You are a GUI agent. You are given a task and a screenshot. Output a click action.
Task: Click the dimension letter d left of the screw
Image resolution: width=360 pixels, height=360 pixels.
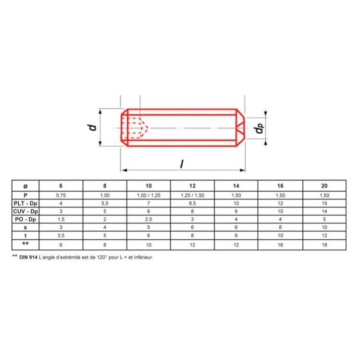point(93,127)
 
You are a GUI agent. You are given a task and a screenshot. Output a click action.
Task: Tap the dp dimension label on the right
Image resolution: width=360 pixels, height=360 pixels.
point(260,128)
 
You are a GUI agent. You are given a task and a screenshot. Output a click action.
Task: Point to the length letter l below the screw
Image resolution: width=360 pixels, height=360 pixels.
point(182,164)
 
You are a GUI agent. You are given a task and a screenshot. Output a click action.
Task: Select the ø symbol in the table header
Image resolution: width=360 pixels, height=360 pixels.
point(25,186)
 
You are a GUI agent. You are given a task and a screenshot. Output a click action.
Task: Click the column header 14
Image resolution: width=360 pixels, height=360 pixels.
point(236,186)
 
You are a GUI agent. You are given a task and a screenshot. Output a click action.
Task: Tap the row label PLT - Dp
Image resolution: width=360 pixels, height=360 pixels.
point(25,203)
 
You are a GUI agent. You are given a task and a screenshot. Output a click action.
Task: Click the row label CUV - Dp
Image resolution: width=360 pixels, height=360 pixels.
point(25,211)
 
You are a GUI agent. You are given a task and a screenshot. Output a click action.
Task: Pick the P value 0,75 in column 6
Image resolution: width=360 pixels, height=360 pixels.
point(61,195)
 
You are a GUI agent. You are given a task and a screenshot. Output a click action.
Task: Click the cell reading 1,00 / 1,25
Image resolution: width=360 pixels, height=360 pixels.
point(148,195)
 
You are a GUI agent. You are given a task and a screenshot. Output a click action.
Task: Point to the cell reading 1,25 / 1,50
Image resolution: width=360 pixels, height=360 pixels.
point(192,195)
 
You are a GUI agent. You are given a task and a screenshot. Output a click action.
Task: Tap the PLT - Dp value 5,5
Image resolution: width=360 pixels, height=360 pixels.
point(104,203)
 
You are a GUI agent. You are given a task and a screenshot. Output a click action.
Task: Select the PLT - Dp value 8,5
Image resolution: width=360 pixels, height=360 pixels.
point(192,203)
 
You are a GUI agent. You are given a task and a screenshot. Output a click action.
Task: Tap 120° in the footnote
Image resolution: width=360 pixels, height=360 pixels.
point(100,257)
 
